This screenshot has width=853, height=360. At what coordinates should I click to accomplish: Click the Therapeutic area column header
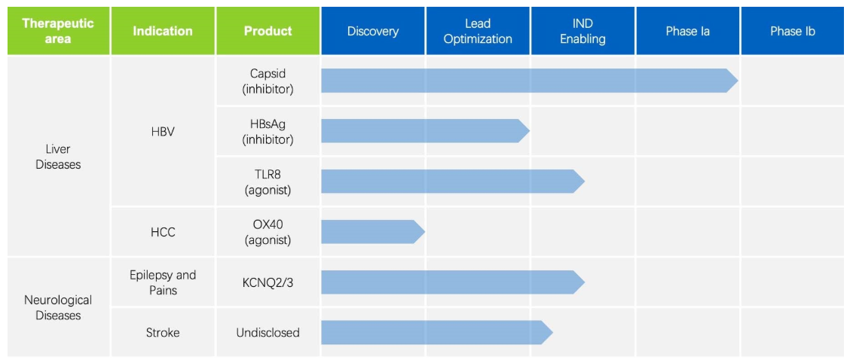point(58,31)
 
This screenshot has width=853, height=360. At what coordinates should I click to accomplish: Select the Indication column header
point(163,31)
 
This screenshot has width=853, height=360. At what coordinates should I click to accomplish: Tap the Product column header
point(268,31)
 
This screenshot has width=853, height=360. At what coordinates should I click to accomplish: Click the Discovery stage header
point(373,31)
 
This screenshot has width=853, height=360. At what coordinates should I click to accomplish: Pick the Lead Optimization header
point(478,31)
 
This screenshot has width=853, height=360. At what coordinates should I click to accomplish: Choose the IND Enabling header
point(582,31)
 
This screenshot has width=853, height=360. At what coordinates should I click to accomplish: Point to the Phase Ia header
point(688,31)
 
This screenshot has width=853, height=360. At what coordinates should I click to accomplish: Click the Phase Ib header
point(793,31)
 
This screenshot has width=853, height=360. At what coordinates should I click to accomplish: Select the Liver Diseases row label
point(58,157)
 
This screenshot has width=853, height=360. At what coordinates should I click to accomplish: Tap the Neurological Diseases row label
point(58,307)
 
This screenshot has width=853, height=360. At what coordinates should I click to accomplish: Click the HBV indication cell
point(163,132)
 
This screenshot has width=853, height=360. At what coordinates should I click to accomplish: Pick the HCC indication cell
point(163,232)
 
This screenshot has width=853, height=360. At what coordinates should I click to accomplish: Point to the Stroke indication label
point(163,332)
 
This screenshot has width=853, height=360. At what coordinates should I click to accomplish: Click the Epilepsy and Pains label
point(163,282)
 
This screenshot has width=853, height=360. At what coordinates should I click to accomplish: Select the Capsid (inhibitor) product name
point(268,81)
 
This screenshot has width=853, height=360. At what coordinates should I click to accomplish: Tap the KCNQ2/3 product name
point(268,282)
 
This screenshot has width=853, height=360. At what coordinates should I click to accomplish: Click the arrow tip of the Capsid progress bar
point(738,81)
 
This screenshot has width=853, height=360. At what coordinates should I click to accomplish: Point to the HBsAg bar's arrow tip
point(529,131)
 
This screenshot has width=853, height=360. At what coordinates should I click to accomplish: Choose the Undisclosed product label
point(268,332)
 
